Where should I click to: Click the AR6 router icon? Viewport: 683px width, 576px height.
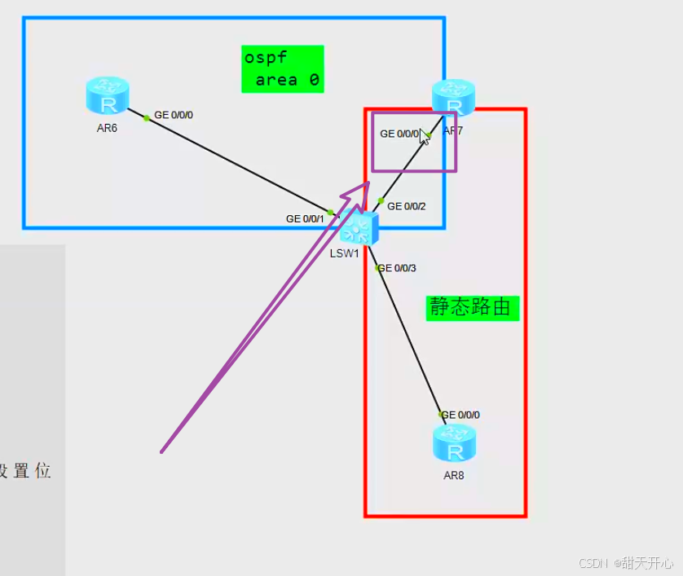(107, 95)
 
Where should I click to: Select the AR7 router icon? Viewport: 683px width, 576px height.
(453, 97)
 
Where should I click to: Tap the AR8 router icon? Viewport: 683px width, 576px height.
(454, 442)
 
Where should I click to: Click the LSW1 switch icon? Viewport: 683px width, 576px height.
(358, 228)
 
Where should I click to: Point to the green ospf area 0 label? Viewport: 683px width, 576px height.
(282, 69)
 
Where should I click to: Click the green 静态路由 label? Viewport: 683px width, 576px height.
(472, 307)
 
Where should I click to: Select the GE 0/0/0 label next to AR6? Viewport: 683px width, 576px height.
(174, 115)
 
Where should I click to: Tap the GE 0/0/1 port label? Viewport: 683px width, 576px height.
(305, 218)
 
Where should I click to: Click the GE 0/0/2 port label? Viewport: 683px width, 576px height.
(407, 206)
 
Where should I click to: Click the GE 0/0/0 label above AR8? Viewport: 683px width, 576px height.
(460, 415)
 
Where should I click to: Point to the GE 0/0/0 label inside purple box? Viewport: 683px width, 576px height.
(399, 134)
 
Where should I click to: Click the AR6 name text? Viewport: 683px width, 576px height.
(107, 127)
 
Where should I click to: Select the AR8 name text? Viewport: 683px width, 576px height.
(454, 476)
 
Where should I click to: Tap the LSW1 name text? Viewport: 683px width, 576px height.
(345, 253)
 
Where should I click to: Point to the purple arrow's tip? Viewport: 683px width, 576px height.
(368, 183)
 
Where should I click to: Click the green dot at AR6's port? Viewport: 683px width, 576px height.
(147, 118)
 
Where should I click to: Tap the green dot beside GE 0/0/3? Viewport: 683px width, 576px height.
(377, 268)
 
